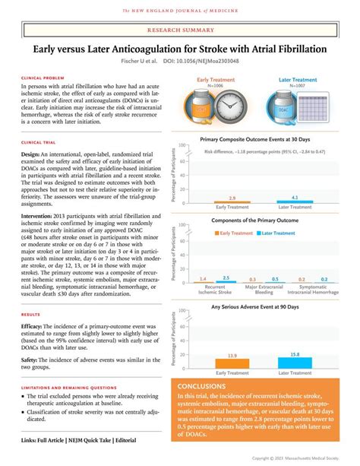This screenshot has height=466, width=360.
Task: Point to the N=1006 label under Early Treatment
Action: pos(216,86)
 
